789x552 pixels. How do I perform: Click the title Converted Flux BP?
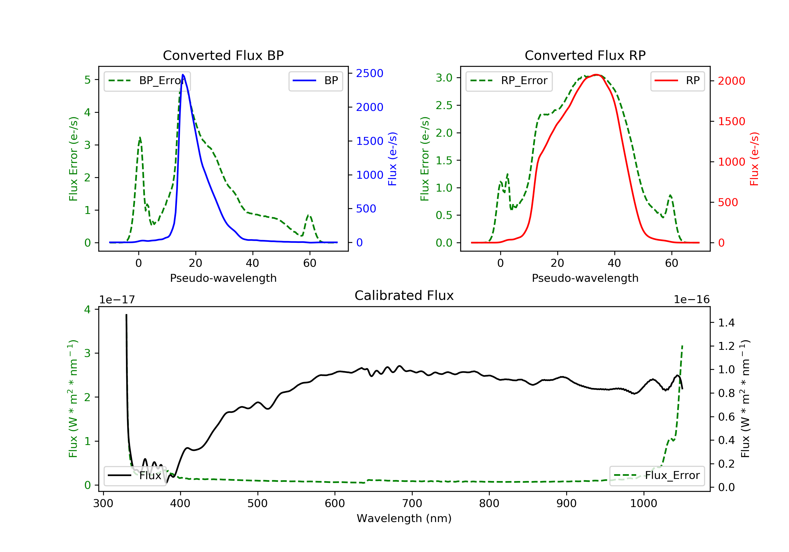pyautogui.click(x=223, y=55)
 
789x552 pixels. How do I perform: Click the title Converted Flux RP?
pyautogui.click(x=585, y=55)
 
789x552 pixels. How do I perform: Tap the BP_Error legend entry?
pyautogui.click(x=147, y=81)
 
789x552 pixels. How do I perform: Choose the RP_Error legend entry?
pyautogui.click(x=509, y=81)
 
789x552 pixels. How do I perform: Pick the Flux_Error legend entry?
pyautogui.click(x=657, y=476)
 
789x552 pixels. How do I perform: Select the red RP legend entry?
pyautogui.click(x=677, y=81)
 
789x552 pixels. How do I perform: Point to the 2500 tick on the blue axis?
pyautogui.click(x=370, y=73)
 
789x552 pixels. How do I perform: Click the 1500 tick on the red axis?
pyautogui.click(x=731, y=121)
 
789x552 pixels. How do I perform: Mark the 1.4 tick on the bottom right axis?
pyautogui.click(x=726, y=323)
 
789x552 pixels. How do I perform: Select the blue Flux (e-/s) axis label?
pyautogui.click(x=392, y=159)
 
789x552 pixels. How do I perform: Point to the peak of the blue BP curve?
pyautogui.click(x=183, y=75)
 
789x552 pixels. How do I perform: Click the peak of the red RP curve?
pyautogui.click(x=596, y=75)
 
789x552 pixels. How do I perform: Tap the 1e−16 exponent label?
pyautogui.click(x=691, y=300)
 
